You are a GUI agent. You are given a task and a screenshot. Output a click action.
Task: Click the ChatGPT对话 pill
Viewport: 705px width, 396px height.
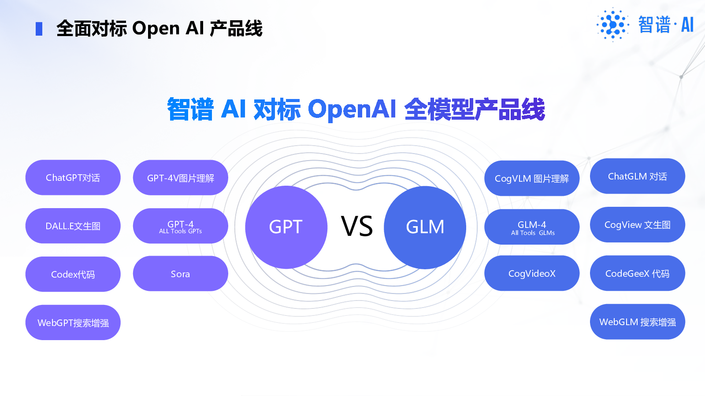coord(73,178)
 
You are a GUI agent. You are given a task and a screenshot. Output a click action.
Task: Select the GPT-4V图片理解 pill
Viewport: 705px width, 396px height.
coord(181,178)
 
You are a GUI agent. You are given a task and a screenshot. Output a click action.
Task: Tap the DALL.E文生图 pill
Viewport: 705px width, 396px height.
coord(73,226)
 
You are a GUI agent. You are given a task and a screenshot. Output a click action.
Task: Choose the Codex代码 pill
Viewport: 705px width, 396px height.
coord(73,274)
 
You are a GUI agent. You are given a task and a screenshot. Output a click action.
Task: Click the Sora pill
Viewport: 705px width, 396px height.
coord(181,273)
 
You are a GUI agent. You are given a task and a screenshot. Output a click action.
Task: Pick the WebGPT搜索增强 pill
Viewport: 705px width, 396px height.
coord(73,323)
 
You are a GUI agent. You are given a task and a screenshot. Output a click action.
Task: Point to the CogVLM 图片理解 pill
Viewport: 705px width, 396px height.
coord(532,178)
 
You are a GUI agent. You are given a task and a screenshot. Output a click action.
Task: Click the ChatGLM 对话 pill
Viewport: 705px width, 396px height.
coord(638,176)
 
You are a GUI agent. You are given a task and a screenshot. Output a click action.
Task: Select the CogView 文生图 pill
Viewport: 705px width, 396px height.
coord(638,224)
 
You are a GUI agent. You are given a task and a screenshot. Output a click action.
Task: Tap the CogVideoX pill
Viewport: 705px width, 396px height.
coord(532,273)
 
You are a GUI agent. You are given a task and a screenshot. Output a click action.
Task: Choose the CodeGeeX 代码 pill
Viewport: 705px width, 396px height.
coord(638,273)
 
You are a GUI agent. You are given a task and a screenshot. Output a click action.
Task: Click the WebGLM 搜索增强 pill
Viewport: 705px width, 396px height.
coord(638,322)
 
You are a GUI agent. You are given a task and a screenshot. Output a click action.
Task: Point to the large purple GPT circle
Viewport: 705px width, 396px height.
coord(286,227)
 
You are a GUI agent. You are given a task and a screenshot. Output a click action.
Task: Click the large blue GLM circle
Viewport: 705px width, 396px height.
coord(425,227)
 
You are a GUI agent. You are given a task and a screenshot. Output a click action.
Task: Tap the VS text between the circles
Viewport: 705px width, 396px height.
coord(357,226)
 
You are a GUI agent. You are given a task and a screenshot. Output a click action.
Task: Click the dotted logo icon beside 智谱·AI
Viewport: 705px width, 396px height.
coord(613,25)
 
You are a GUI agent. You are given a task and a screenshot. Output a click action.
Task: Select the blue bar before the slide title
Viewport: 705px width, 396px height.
coord(39,29)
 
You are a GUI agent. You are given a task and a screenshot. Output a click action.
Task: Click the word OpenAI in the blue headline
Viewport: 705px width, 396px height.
coord(352,109)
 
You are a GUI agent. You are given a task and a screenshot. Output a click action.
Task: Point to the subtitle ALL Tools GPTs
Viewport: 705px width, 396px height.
coord(181,231)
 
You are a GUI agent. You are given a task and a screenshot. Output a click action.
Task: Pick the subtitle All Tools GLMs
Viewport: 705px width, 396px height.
coord(533,233)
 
